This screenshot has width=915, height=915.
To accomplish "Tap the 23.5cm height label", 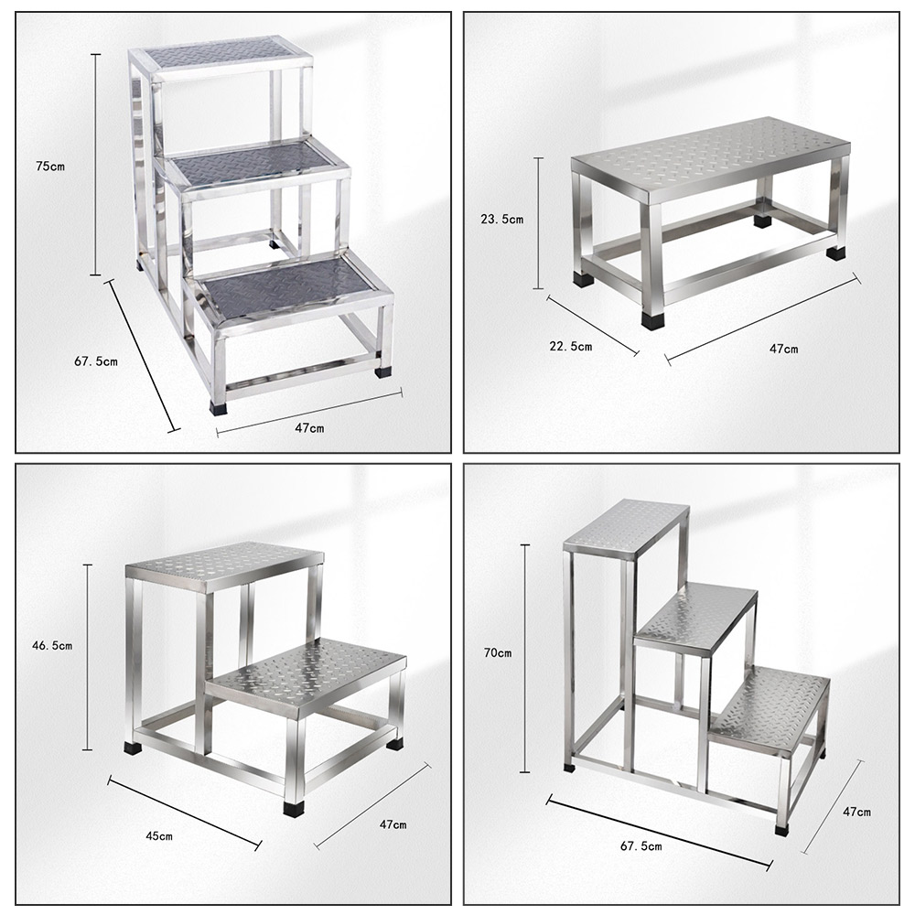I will [x=502, y=219].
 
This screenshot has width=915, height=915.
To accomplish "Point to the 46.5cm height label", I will [x=52, y=645].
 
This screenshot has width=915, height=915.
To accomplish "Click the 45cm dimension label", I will [x=159, y=835].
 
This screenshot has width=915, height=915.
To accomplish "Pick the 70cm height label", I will [x=500, y=653].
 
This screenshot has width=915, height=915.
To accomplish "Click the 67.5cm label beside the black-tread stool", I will [x=96, y=361].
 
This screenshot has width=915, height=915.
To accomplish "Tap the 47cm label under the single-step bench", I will [x=783, y=349].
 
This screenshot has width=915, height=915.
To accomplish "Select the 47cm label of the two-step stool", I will [x=393, y=824].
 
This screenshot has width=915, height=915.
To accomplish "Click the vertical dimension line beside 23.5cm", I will [x=539, y=222].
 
